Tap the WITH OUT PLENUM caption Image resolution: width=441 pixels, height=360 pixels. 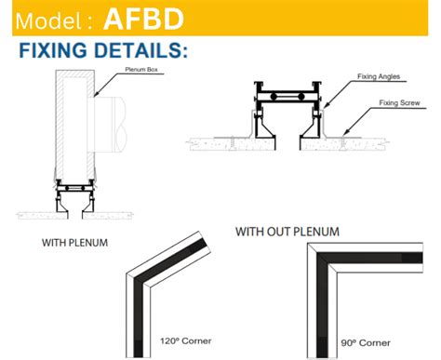(287, 231)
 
